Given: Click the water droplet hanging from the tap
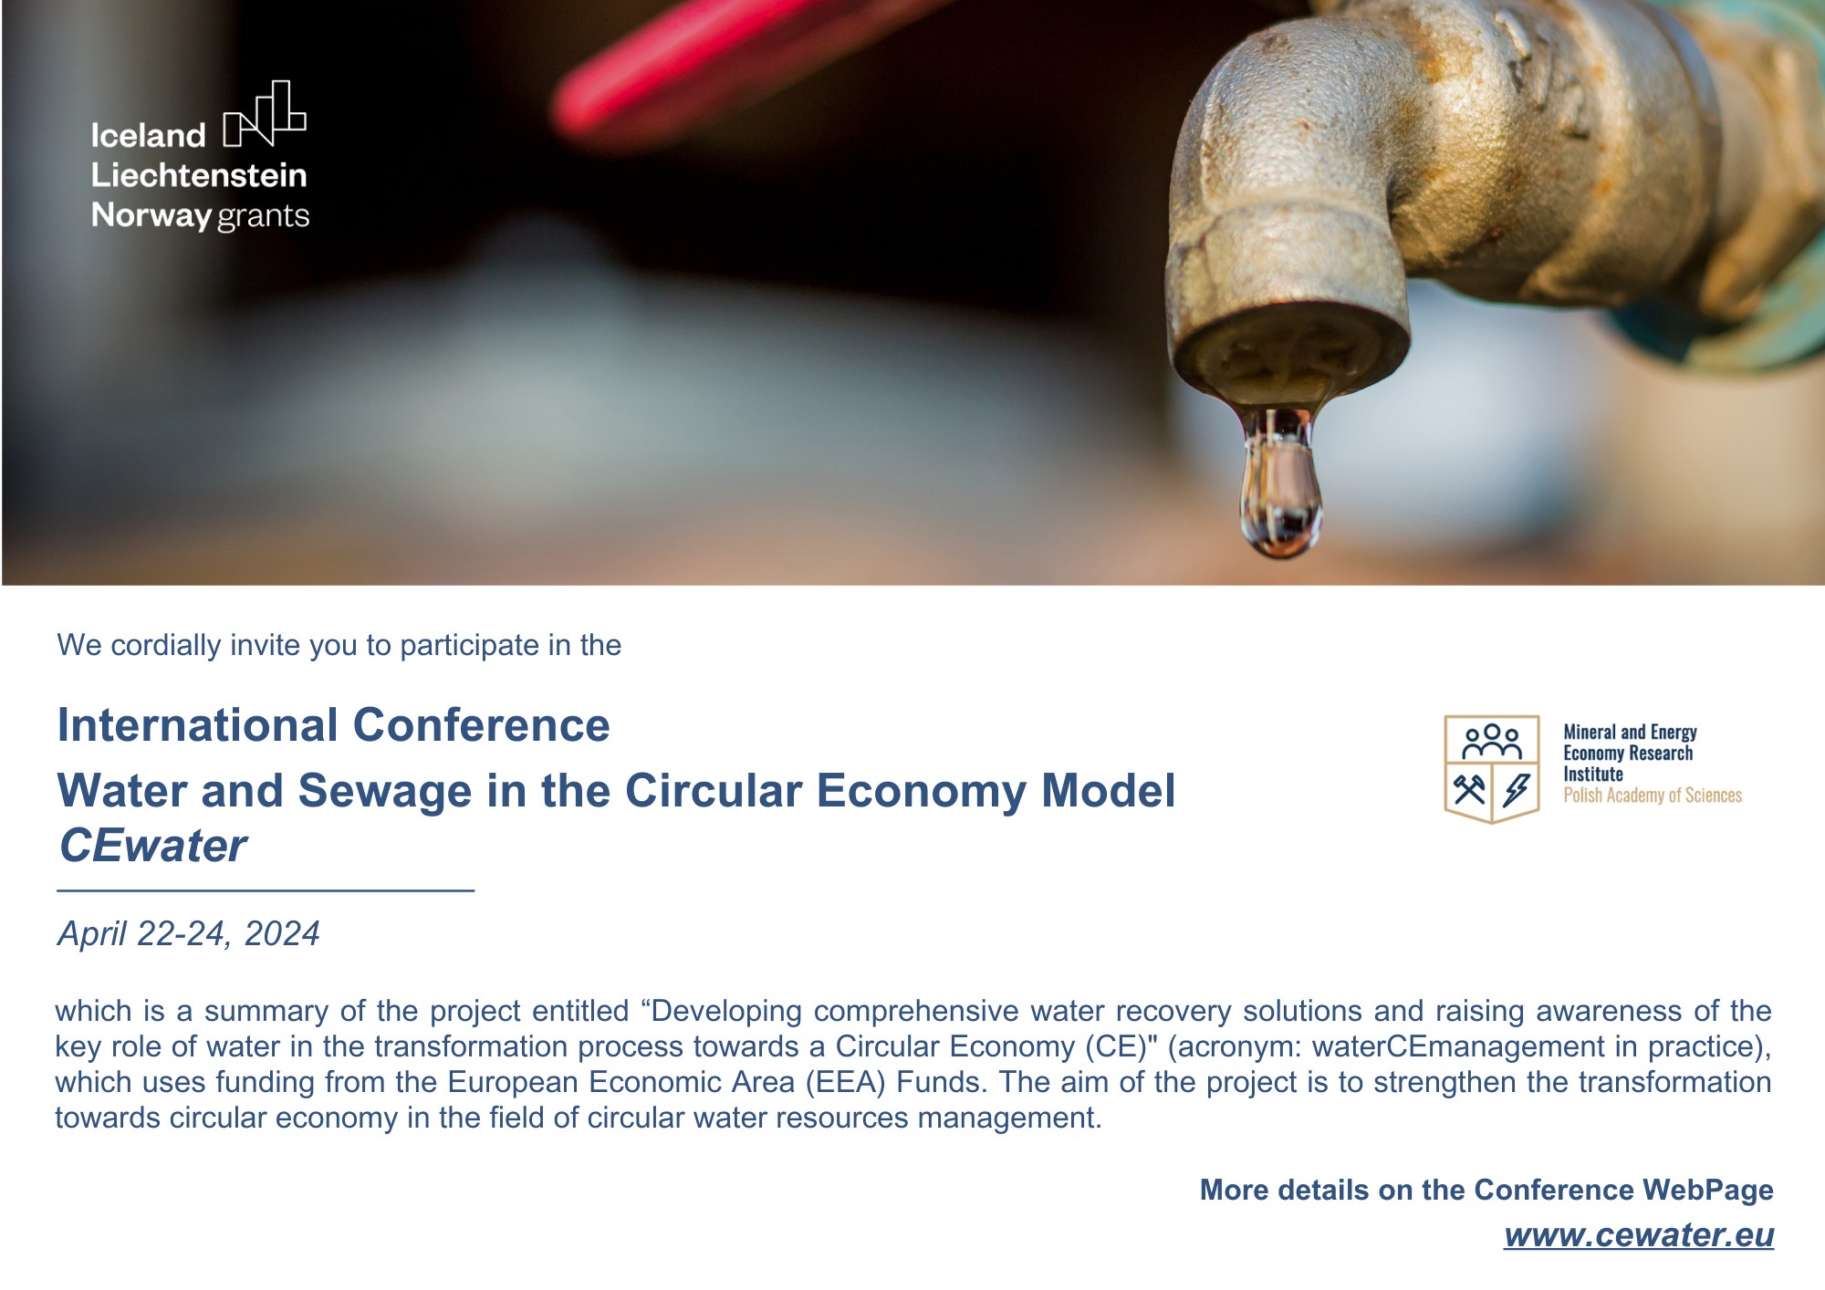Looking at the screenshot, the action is click(1280, 484).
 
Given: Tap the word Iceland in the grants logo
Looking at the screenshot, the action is click(148, 135).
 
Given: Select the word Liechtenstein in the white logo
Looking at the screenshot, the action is click(199, 175).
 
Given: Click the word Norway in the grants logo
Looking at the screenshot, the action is click(151, 216).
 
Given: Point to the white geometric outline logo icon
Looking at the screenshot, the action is click(265, 114).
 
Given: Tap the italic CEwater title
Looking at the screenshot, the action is click(152, 846).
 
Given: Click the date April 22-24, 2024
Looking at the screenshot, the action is click(189, 934).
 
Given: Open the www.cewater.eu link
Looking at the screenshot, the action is click(1639, 1235).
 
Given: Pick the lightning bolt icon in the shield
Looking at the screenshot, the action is click(1517, 790).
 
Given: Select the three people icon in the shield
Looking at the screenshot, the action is click(1492, 743).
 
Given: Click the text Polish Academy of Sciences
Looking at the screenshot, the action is click(1653, 796).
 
